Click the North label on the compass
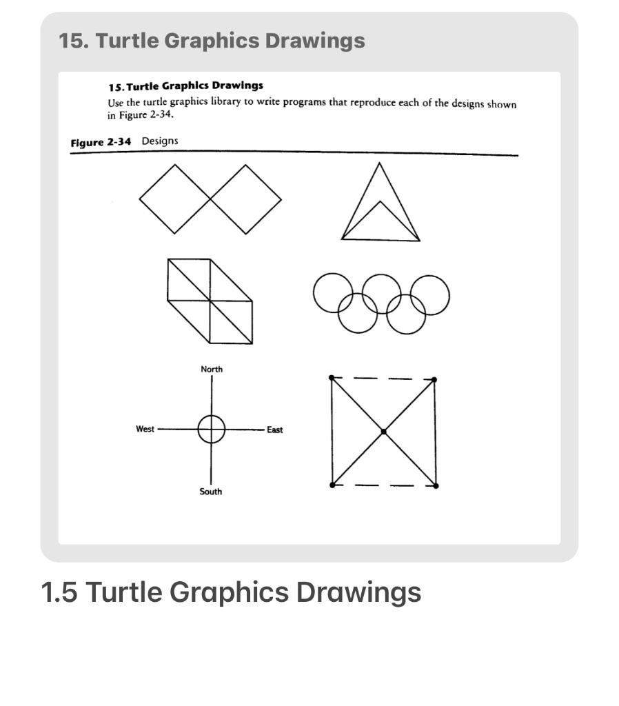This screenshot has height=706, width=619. [x=212, y=370]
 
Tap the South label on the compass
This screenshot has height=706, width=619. [x=211, y=492]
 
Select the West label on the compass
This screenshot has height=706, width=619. [x=145, y=429]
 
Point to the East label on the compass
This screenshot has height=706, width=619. [x=275, y=430]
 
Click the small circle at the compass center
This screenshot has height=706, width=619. [x=212, y=429]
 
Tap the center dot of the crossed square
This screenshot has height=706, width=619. [x=383, y=432]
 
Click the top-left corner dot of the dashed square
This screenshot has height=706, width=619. [x=332, y=377]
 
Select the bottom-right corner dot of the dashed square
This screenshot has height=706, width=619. [x=436, y=486]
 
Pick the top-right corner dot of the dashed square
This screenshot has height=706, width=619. [x=434, y=379]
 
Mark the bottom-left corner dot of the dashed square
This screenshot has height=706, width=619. [x=332, y=485]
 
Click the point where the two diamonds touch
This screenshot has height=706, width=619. [x=210, y=199]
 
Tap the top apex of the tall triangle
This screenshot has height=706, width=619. [x=378, y=163]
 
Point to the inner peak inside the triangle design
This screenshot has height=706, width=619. [x=380, y=201]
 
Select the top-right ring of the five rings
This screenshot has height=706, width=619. [x=430, y=294]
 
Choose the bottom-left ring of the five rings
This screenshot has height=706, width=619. [x=357, y=313]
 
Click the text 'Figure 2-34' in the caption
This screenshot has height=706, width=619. [x=101, y=141]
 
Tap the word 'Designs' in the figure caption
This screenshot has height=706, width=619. [x=160, y=141]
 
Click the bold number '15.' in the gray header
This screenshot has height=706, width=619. [x=73, y=41]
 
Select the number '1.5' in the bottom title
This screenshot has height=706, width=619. [x=59, y=592]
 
